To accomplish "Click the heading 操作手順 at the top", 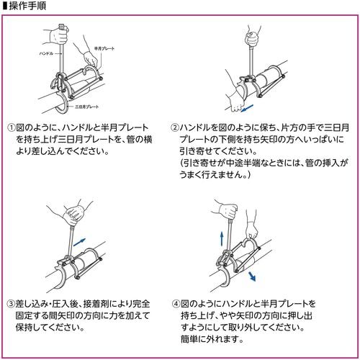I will pos(27,7).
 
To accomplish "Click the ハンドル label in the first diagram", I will pos(45,53).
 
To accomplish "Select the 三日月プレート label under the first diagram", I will pos(87,107).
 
